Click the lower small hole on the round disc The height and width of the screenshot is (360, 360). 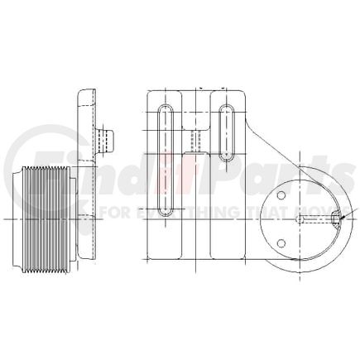[x=281, y=243]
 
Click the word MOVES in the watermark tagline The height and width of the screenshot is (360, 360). [x=310, y=214]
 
